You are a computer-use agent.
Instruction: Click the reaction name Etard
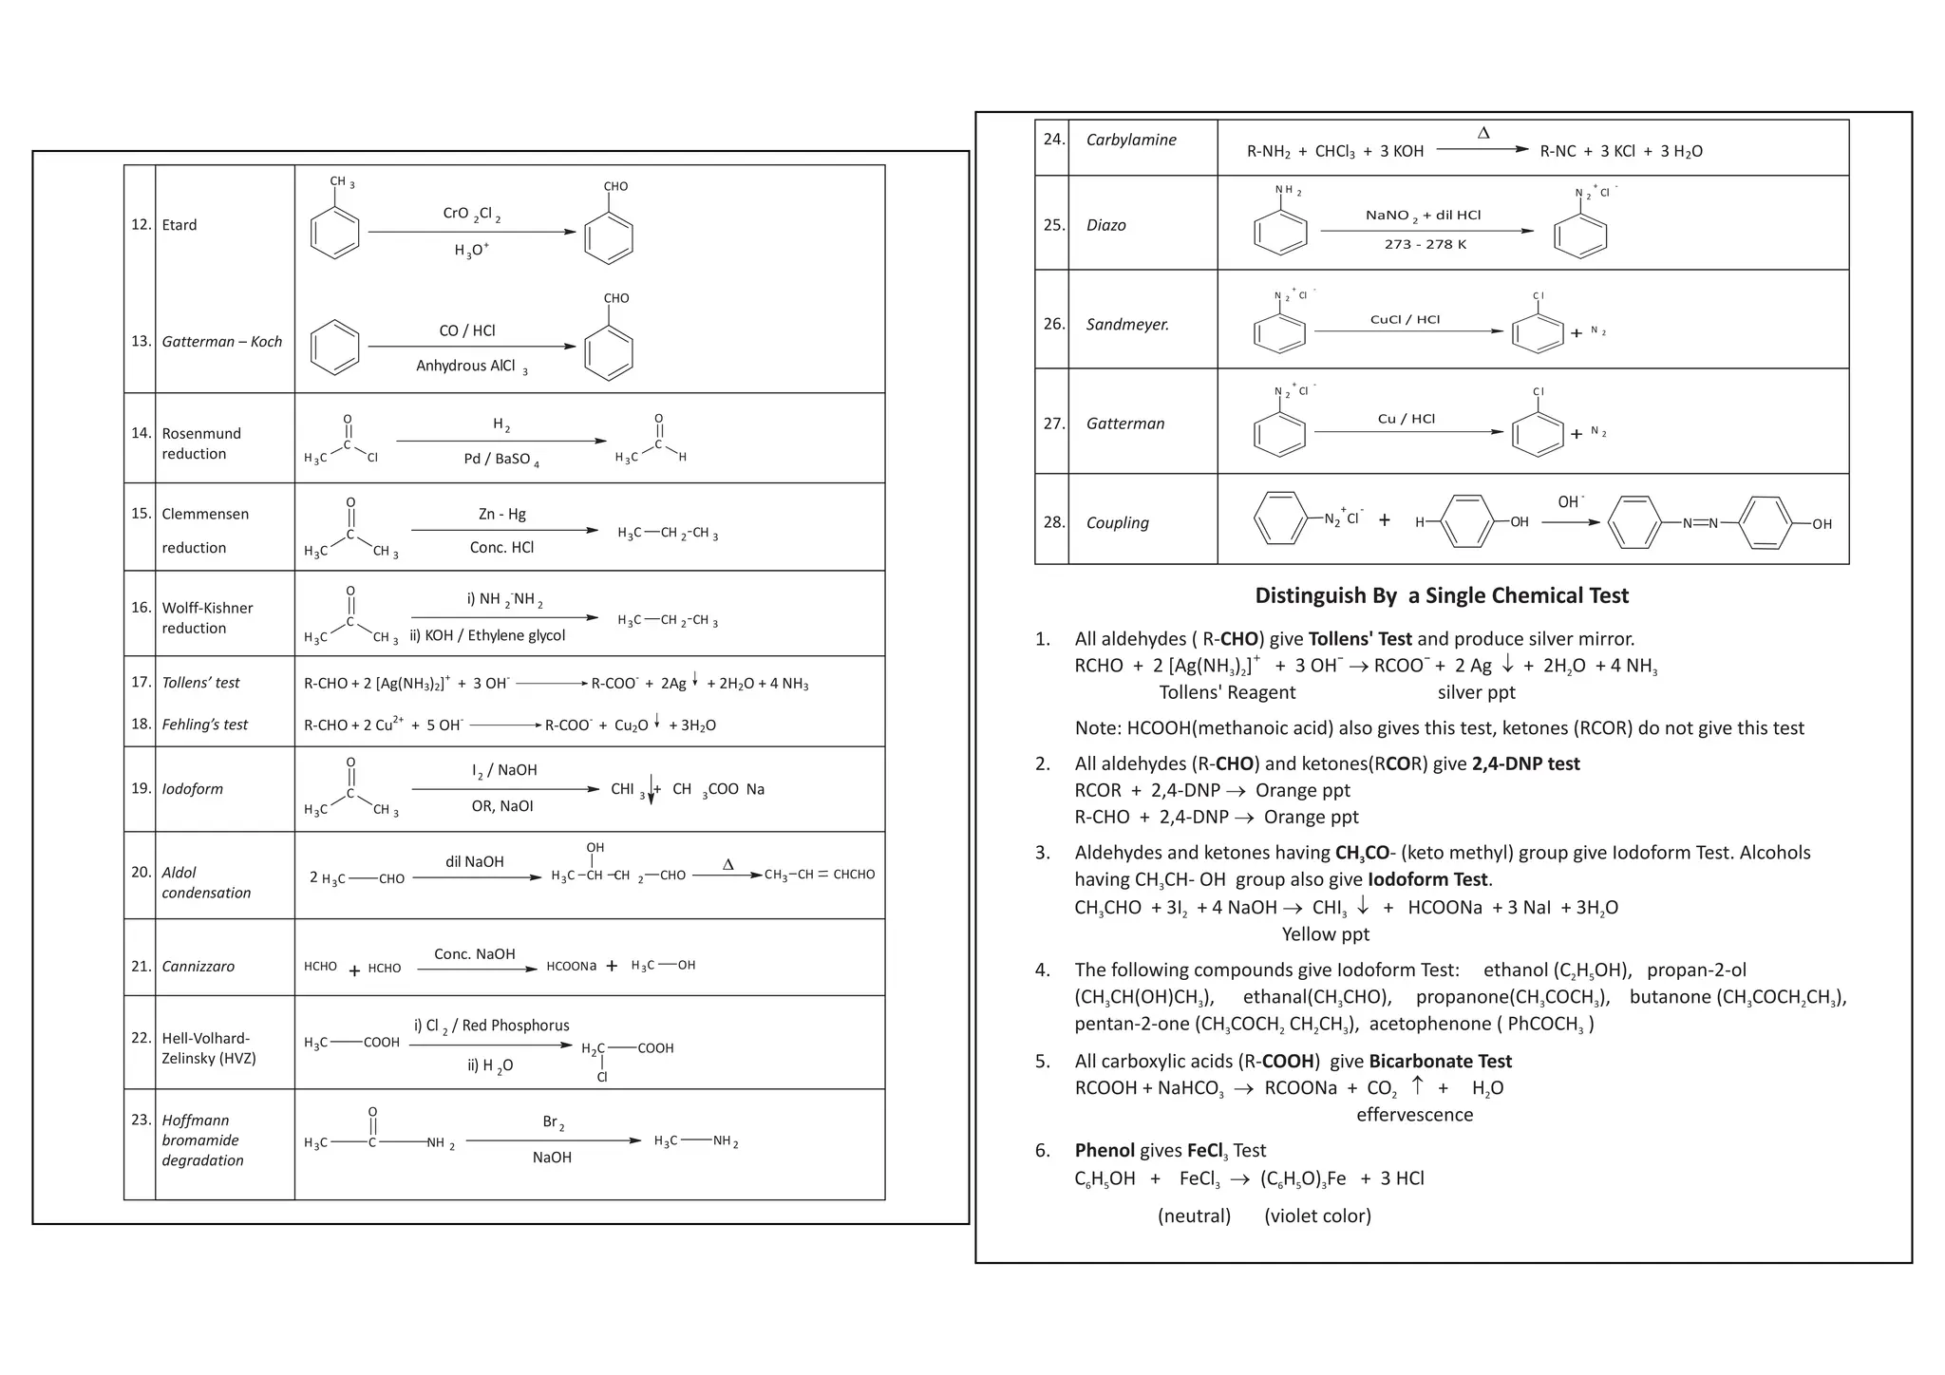[179, 225]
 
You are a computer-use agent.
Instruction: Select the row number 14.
[141, 433]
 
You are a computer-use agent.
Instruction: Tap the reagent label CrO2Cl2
[471, 214]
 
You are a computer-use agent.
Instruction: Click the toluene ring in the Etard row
[334, 232]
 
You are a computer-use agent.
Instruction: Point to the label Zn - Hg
[501, 514]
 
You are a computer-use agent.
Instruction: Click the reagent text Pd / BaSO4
[500, 460]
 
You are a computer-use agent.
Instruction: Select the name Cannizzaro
[198, 966]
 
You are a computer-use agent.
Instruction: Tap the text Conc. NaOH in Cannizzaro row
[474, 953]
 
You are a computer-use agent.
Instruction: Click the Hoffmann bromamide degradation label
[201, 1140]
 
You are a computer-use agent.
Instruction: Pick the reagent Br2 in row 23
[553, 1122]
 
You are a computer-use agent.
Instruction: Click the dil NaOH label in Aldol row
[474, 861]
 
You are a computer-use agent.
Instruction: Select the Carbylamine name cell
[1130, 140]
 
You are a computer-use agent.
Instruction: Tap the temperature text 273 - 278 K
[1425, 245]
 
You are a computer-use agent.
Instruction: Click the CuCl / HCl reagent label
[1404, 320]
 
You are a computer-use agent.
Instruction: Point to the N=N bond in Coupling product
[1699, 523]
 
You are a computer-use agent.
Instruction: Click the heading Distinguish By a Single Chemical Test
[1441, 595]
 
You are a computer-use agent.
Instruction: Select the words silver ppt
[1476, 692]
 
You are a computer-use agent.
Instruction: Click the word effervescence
[1414, 1115]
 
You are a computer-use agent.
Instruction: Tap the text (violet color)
[1316, 1215]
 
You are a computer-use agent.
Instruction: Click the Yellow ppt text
[1325, 934]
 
